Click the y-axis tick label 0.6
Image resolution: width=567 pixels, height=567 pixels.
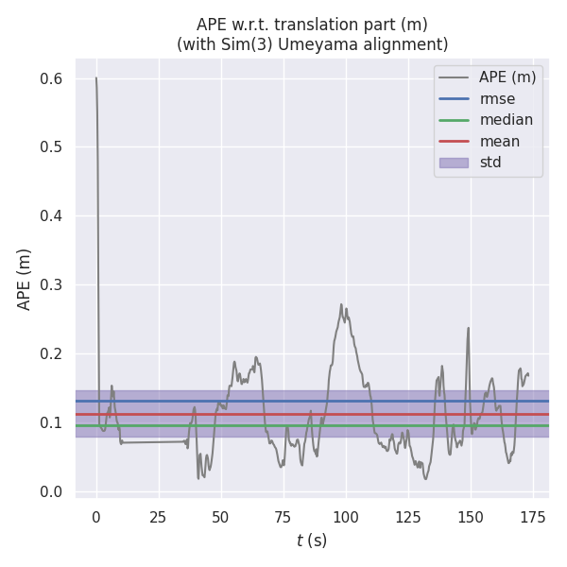pyautogui.click(x=51, y=78)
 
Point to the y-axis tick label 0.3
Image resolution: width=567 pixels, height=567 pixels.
pyautogui.click(x=51, y=285)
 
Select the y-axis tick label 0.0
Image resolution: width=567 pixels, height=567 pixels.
pyautogui.click(x=51, y=492)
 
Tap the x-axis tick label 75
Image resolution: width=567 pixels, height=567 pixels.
pyautogui.click(x=283, y=517)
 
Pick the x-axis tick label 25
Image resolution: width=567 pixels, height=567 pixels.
pyautogui.click(x=158, y=517)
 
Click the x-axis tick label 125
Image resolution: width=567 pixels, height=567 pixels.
pyautogui.click(x=407, y=517)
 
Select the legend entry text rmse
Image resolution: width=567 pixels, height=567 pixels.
pyautogui.click(x=497, y=98)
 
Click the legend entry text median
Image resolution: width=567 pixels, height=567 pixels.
pyautogui.click(x=506, y=120)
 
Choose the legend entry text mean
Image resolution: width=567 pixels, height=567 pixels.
pyautogui.click(x=500, y=141)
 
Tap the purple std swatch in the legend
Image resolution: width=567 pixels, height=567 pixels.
pyautogui.click(x=454, y=163)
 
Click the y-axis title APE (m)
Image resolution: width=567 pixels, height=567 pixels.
pyautogui.click(x=25, y=279)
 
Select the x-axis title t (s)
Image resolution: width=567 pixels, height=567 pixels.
pyautogui.click(x=312, y=541)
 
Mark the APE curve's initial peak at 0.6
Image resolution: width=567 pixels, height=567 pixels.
pyautogui.click(x=95, y=77)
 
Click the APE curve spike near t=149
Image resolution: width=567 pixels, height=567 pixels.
pyautogui.click(x=468, y=329)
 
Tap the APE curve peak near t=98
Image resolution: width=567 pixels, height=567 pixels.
pyautogui.click(x=341, y=304)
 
